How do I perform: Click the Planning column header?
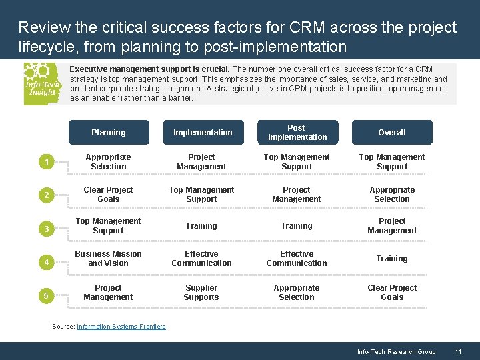108,133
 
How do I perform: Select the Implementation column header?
203,133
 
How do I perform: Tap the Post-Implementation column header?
297,133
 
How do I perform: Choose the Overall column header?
392,133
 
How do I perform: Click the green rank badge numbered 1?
45,162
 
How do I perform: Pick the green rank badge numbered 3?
45,229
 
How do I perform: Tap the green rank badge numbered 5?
45,295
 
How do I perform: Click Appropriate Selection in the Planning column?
108,162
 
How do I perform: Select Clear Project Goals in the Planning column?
108,195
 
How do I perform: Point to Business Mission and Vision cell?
108,259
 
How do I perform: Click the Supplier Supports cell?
201,293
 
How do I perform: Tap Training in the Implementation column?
201,226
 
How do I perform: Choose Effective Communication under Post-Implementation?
297,259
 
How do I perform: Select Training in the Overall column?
392,259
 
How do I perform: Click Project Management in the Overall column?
392,226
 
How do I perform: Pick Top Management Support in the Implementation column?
201,195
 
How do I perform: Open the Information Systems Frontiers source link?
121,327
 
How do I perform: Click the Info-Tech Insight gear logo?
41,83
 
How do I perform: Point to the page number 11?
458,352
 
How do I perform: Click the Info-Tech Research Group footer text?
396,352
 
